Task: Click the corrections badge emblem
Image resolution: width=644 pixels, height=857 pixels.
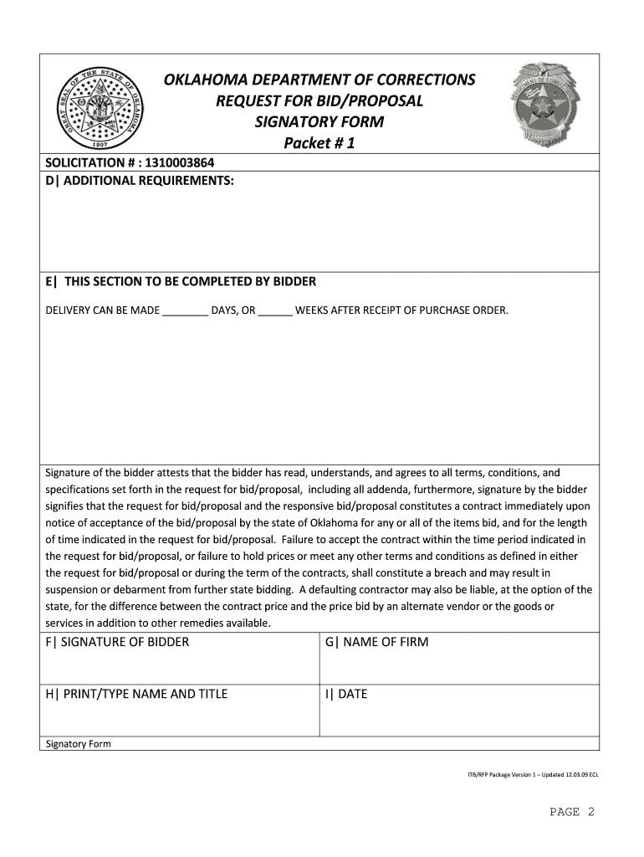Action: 548,105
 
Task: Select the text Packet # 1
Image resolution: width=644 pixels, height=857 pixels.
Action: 319,144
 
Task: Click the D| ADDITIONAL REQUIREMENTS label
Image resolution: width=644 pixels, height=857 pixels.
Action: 140,181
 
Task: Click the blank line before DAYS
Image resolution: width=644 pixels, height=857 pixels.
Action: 185,311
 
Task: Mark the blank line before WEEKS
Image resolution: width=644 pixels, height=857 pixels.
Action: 275,311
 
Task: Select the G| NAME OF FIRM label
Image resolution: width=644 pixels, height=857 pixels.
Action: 376,642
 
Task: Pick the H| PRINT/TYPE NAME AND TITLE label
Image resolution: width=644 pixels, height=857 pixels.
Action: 136,694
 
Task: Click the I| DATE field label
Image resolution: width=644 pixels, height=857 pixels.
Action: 346,694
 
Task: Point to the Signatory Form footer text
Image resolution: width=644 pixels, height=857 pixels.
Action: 78,744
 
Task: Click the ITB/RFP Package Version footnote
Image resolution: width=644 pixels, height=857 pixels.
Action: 532,775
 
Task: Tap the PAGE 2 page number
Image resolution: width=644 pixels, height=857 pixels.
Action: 571,812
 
